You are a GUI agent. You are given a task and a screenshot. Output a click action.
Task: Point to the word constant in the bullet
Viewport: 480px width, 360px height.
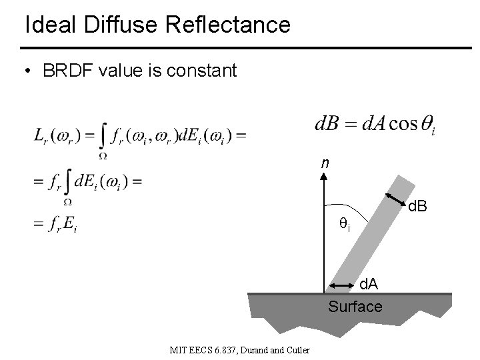(x=200, y=71)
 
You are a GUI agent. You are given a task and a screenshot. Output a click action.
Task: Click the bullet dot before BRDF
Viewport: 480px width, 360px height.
(x=28, y=71)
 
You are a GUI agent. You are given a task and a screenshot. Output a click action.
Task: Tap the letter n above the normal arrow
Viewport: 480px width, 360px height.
(x=324, y=163)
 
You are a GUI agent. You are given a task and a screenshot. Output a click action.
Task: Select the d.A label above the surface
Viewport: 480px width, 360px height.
(x=369, y=285)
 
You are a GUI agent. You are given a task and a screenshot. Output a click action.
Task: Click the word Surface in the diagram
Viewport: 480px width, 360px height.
(x=355, y=307)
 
